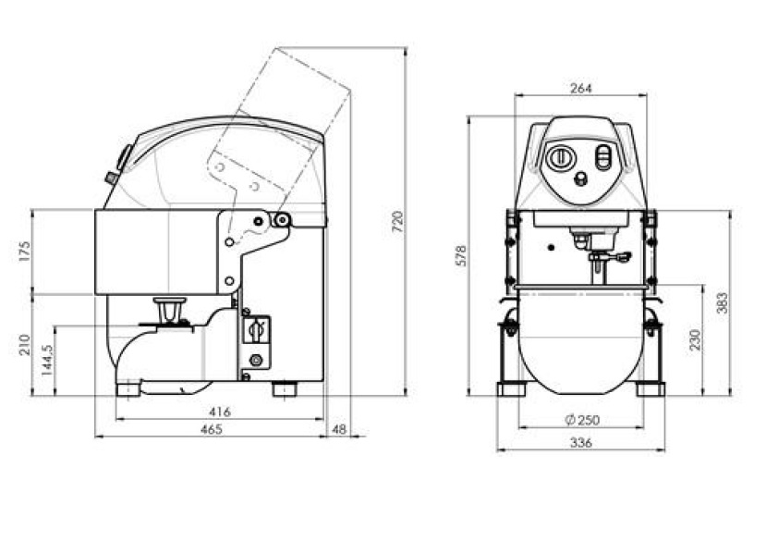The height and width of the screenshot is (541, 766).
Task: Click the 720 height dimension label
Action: [x=399, y=221]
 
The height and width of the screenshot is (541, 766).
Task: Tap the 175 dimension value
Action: [x=24, y=251]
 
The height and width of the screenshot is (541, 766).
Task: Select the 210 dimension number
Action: [x=24, y=345]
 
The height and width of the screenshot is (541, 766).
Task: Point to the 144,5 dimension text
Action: [x=47, y=360]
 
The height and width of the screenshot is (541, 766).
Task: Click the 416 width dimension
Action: [x=220, y=412]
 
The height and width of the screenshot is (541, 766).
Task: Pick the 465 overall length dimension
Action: [x=212, y=429]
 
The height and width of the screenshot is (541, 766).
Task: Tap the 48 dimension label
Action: [x=338, y=429]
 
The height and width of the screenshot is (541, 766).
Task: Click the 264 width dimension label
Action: [x=581, y=89]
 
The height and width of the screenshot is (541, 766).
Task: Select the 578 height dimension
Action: [x=461, y=255]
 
